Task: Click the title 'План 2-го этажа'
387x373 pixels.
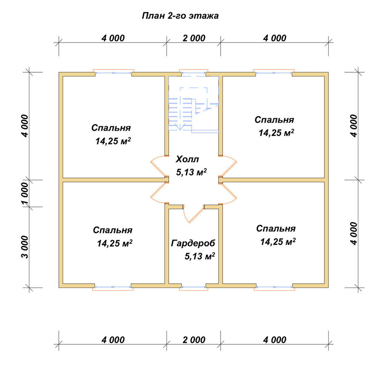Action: pos(180,16)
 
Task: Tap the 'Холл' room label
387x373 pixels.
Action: pos(187,159)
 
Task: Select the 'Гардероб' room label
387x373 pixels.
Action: pos(193,244)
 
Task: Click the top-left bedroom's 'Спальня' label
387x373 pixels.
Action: pos(111,128)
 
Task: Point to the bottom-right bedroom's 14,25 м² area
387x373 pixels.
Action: pos(277,242)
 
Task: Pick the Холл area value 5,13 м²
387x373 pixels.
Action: pos(191,172)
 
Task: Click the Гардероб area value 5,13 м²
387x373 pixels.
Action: pos(200,256)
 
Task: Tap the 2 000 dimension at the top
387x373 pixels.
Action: pos(194,38)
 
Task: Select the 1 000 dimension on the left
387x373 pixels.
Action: pos(25,193)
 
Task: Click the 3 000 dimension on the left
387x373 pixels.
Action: pos(25,247)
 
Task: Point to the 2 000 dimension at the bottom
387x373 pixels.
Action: pos(194,340)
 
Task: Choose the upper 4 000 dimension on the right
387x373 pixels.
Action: pos(353,126)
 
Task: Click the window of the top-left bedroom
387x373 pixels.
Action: pos(113,73)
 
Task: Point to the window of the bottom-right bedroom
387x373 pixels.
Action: pos(274,287)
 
